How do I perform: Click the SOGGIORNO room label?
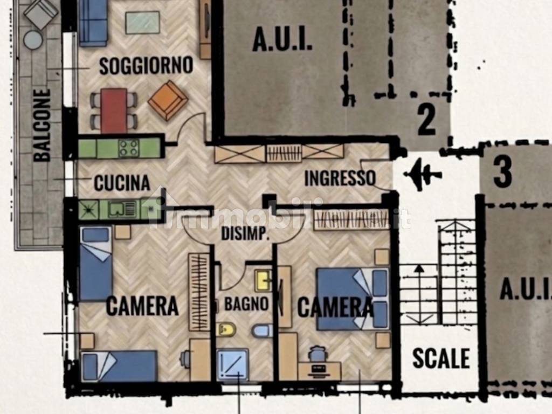[x=146, y=65]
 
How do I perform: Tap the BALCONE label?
[x=42, y=125]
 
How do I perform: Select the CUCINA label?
[x=122, y=183]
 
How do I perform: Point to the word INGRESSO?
[x=340, y=178]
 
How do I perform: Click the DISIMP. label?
[x=245, y=234]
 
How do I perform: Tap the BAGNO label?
[x=246, y=303]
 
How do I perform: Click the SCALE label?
[x=441, y=358]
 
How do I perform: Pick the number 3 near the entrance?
[x=503, y=172]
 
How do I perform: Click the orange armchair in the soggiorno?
[x=168, y=100]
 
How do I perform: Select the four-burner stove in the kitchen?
[x=128, y=148]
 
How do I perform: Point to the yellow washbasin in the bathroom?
[x=263, y=280]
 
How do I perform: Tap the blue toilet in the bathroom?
[x=262, y=332]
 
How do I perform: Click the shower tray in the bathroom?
[x=232, y=365]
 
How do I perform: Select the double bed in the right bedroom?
[x=353, y=299]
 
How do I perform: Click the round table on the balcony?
[x=33, y=40]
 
